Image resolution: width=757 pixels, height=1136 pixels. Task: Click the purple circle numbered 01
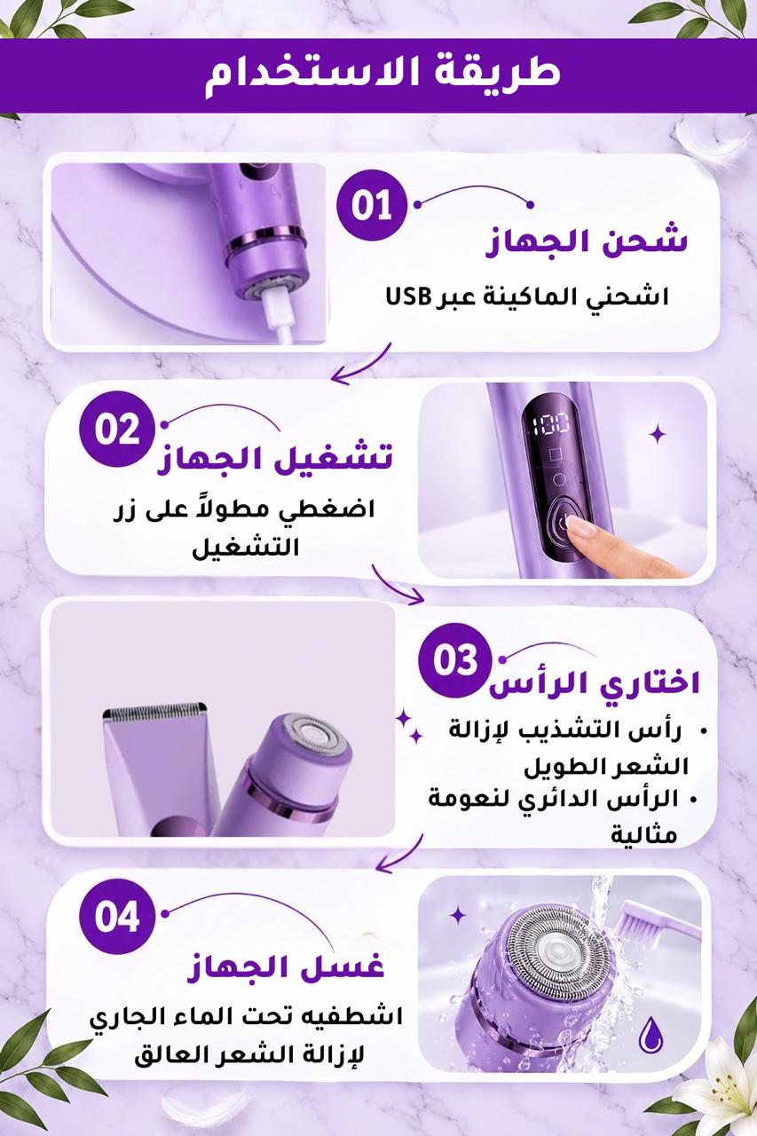coord(372,205)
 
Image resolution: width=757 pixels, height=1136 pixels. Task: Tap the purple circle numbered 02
coord(116,430)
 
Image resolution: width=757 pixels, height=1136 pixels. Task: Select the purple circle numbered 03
coord(455,659)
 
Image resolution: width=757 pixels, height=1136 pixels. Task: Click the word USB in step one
coord(407,296)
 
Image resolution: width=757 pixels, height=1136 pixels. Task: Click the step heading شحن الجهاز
coord(587,242)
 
